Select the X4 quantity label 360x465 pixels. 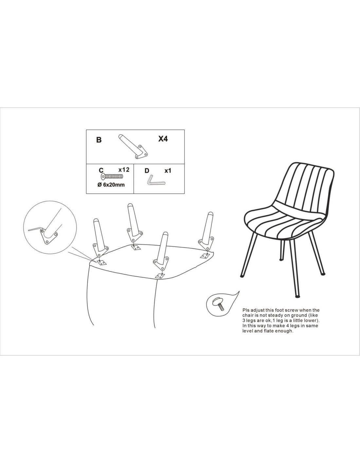(163, 139)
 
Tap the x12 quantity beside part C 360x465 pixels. (124, 169)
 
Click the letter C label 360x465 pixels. (101, 170)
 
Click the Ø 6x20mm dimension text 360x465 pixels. (111, 184)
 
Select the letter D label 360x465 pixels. (147, 171)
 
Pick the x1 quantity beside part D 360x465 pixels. (168, 171)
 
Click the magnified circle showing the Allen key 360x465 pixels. (50, 227)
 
